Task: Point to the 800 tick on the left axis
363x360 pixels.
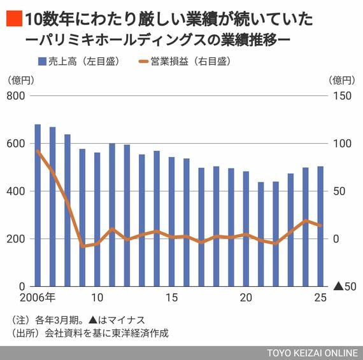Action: point(16,95)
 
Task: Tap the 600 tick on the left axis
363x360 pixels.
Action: point(16,143)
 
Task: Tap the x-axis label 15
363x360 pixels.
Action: point(171,298)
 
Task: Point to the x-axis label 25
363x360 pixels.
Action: point(320,298)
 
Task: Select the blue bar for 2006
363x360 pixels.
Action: point(38,205)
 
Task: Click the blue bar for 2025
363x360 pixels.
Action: point(320,226)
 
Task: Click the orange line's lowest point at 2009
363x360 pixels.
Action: point(82,246)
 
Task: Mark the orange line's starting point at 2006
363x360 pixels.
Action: point(38,150)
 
